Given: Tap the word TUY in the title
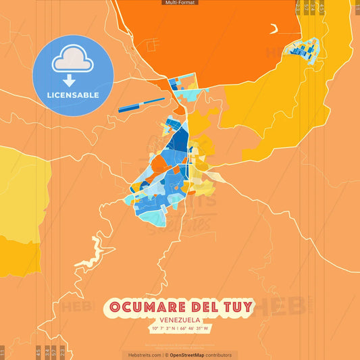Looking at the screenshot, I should [x=237, y=307].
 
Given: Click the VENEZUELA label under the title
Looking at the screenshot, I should [x=180, y=321].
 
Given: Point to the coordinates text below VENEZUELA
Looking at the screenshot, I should [x=180, y=329].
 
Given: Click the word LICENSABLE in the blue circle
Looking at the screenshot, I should [x=73, y=95].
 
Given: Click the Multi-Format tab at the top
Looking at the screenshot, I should [x=180, y=3].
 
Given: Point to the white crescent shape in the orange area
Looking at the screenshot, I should [x=274, y=29].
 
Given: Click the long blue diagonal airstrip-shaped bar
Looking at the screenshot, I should [x=141, y=105].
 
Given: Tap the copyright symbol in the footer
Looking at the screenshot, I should [x=166, y=355].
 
